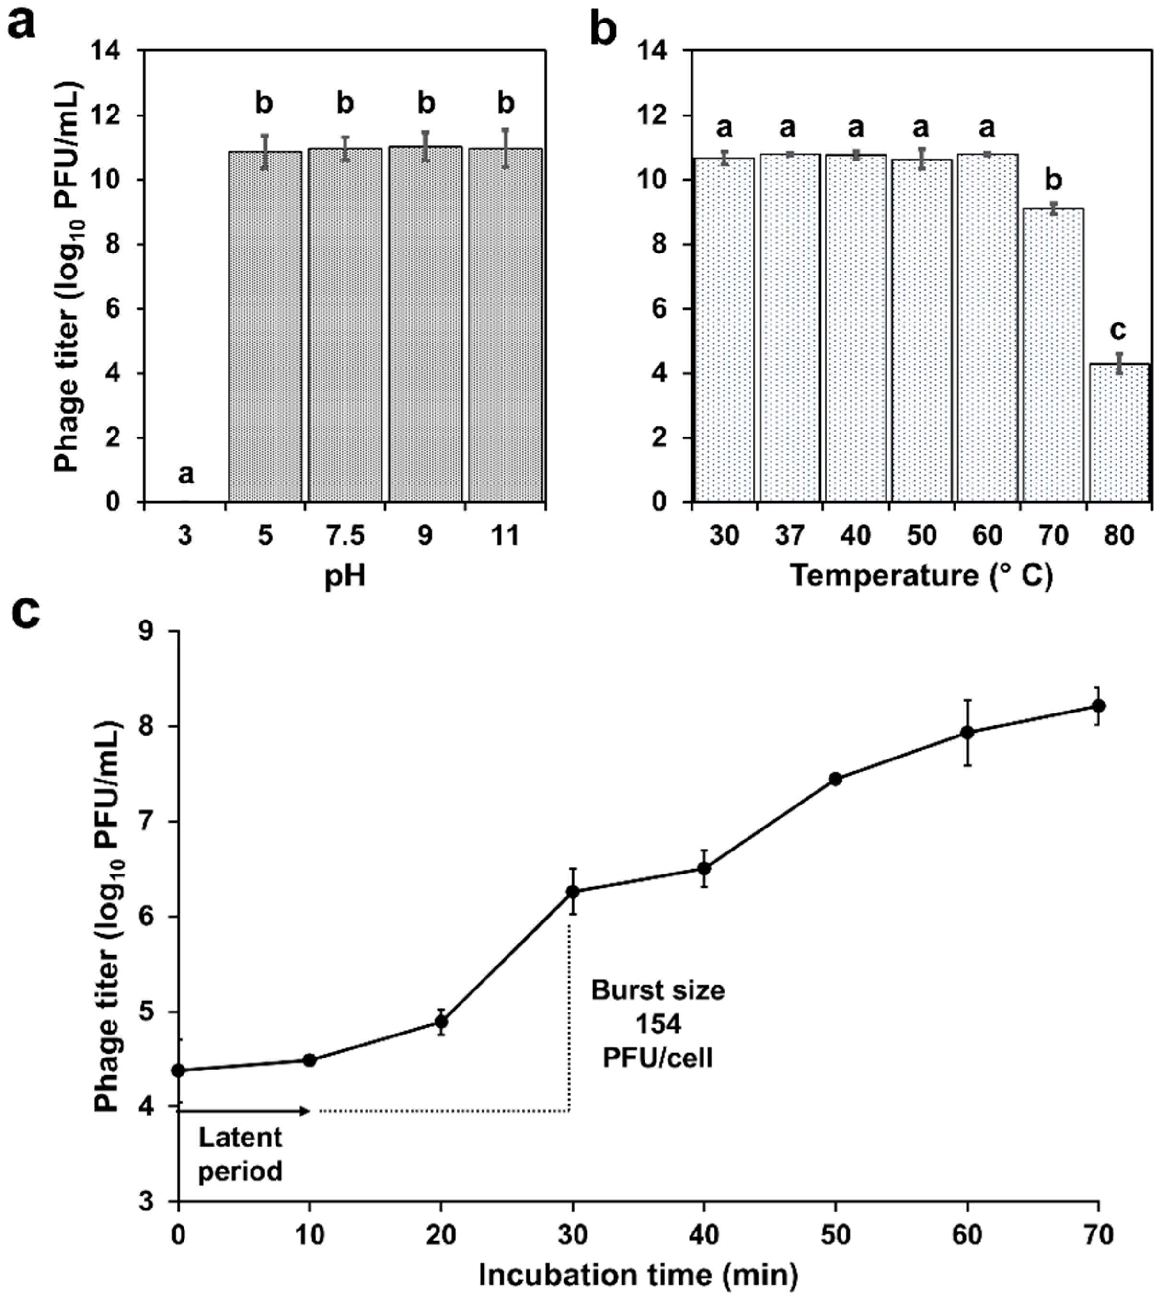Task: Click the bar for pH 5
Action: pyautogui.click(x=265, y=327)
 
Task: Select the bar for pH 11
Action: pyautogui.click(x=506, y=326)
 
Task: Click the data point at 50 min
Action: pyautogui.click(x=835, y=779)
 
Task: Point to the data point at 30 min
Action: pyautogui.click(x=573, y=891)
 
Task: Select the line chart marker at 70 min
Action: pyautogui.click(x=1098, y=706)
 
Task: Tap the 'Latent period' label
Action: pyautogui.click(x=240, y=1154)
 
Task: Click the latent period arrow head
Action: pyautogui.click(x=307, y=1112)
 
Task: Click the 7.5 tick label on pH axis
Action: pyautogui.click(x=345, y=535)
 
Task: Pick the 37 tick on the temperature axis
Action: pyautogui.click(x=790, y=535)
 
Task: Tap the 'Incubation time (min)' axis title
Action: pyautogui.click(x=638, y=1276)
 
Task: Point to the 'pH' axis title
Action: pyautogui.click(x=345, y=577)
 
